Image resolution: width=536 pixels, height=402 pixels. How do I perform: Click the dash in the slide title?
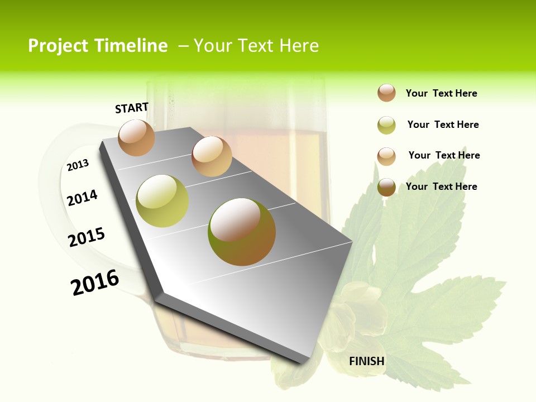(183, 46)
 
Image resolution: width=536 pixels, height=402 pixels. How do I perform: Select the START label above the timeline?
(132, 108)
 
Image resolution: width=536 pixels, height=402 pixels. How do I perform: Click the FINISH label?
(367, 361)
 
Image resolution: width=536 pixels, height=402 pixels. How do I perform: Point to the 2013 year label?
(78, 165)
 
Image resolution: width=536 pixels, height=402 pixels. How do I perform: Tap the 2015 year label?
(87, 237)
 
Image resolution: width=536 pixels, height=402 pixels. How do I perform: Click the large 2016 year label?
(95, 283)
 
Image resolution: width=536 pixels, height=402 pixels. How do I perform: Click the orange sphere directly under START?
(136, 137)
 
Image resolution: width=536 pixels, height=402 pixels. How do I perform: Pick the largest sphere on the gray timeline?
(242, 232)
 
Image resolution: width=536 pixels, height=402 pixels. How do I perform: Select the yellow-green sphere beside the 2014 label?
(162, 201)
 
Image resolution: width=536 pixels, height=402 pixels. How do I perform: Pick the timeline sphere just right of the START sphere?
(212, 156)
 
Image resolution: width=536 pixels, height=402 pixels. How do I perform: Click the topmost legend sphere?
(386, 93)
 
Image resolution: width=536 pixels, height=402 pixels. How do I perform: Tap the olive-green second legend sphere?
(386, 125)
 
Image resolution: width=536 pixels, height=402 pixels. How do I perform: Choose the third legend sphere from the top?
(386, 156)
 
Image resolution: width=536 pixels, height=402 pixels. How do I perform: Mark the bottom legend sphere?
(386, 187)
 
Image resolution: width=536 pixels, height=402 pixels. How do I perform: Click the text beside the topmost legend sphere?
(441, 93)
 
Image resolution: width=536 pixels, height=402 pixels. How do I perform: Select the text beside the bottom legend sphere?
(441, 186)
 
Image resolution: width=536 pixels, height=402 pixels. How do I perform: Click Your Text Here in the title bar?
(256, 46)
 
